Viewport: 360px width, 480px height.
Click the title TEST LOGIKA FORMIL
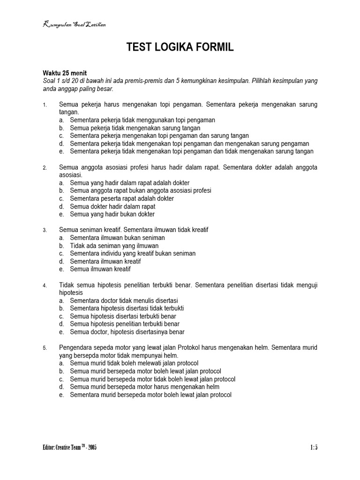180,47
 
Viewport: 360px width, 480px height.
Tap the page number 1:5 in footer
314,448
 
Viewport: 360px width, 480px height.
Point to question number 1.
45,105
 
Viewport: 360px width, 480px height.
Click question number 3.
45,230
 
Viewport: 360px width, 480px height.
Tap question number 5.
45,348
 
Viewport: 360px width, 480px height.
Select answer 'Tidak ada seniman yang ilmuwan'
114,246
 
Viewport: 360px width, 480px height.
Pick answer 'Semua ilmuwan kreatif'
100,269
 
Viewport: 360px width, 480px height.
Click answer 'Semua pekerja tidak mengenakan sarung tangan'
135,128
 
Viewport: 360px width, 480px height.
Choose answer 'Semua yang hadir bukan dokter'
112,214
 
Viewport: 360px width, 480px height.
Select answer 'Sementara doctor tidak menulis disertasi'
124,300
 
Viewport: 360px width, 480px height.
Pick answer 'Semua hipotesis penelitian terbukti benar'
125,324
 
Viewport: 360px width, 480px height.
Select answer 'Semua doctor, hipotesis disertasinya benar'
127,332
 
